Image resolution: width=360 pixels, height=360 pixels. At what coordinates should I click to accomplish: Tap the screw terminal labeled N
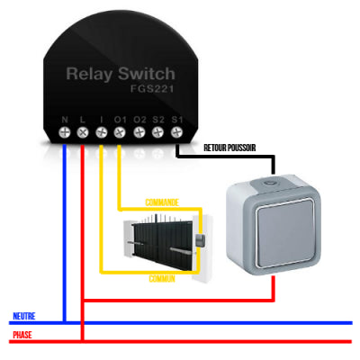tap(65, 132)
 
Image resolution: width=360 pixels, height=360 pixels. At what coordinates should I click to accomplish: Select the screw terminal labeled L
tap(83, 132)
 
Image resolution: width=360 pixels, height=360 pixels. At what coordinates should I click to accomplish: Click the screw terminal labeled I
tap(102, 132)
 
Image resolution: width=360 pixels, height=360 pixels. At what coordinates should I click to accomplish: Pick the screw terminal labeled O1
tap(121, 132)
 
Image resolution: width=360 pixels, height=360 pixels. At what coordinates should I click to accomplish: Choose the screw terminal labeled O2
tap(139, 132)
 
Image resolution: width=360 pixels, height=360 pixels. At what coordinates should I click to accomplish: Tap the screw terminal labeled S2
tap(157, 132)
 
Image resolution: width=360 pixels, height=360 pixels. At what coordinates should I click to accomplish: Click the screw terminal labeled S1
tap(175, 132)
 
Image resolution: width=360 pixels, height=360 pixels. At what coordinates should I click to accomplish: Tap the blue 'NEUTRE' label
tap(24, 316)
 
